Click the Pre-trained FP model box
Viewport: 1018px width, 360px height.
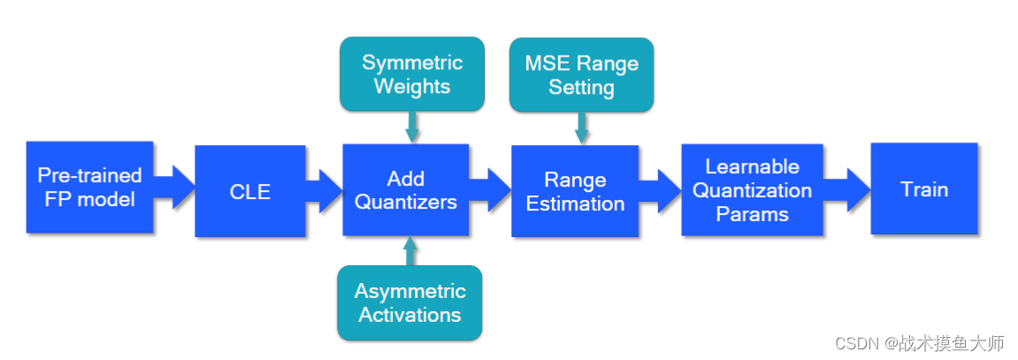point(89,188)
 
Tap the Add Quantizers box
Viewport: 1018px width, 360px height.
point(405,191)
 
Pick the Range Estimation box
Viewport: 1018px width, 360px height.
point(575,191)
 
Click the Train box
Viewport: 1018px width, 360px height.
point(923,189)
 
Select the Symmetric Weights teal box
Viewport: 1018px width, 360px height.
point(411,75)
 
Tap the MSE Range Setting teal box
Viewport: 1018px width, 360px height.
point(581,75)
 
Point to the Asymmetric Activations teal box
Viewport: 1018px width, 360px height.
point(409,303)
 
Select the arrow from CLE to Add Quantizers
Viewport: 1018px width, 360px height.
point(325,187)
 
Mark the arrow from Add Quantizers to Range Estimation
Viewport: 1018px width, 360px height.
point(490,187)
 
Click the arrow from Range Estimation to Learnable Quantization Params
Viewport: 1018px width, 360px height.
point(660,188)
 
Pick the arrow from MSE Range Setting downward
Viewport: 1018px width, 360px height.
point(581,129)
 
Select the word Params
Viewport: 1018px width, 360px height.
point(752,213)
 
